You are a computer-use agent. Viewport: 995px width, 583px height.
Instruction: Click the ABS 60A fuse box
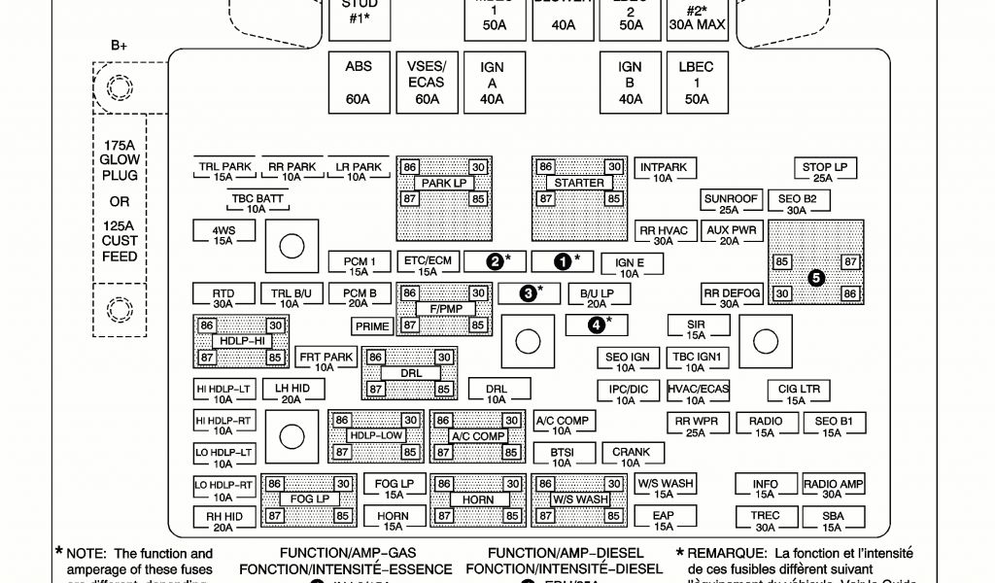[358, 83]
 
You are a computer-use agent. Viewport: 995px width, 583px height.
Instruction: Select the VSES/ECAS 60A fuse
[425, 83]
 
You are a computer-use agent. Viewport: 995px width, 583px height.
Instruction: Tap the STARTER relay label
[579, 183]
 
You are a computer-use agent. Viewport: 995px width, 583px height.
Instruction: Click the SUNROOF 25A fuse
[731, 203]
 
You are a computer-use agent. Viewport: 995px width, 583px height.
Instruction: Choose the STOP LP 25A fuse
[824, 172]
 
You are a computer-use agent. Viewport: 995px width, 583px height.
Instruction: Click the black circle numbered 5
[816, 277]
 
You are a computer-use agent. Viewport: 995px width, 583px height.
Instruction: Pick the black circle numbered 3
[529, 292]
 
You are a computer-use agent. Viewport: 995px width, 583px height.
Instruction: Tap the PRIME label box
[371, 326]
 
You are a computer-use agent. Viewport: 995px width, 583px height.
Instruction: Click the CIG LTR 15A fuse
[799, 394]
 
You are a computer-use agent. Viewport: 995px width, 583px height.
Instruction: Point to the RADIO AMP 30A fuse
[833, 488]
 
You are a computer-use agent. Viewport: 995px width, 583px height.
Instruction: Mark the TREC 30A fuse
[765, 521]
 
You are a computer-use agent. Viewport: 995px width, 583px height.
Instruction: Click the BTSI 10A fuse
[562, 457]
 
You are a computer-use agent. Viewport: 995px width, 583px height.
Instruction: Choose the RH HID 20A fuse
[223, 521]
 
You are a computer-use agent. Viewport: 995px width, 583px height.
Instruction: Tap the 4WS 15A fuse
[223, 234]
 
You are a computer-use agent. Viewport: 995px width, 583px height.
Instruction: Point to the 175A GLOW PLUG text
[120, 160]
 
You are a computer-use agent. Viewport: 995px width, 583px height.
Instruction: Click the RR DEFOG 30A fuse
[731, 297]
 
